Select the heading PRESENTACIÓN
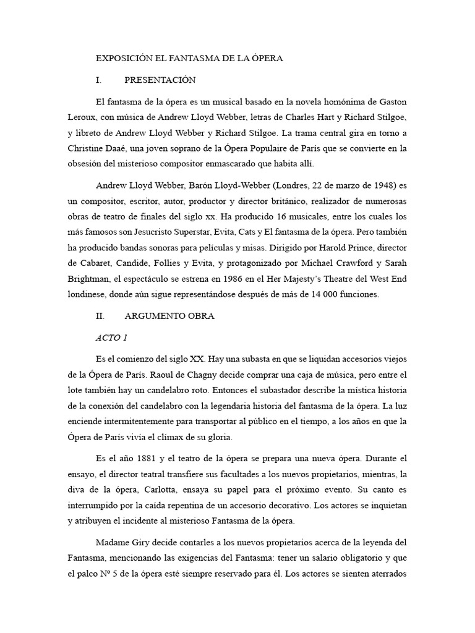(160, 80)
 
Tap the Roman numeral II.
(100, 316)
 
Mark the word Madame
(113, 542)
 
